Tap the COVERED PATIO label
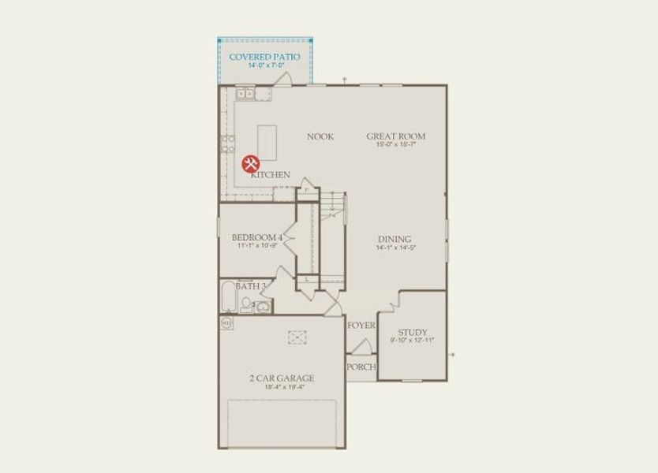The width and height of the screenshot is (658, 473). click(264, 57)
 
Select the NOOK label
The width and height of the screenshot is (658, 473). click(320, 136)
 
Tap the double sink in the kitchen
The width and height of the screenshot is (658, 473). click(244, 95)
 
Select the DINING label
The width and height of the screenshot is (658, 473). click(394, 240)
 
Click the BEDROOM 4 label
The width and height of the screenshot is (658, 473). click(256, 237)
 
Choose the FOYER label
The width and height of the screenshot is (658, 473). click(361, 325)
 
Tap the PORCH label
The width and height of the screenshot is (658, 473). click(361, 367)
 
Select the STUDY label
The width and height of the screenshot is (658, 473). click(412, 333)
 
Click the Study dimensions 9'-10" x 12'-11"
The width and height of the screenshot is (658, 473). click(412, 341)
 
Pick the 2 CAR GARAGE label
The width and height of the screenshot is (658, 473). click(282, 378)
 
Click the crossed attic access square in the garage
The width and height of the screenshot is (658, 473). click(297, 337)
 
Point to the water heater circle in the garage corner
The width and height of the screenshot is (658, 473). click(226, 322)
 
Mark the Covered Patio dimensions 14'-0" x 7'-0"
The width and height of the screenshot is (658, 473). click(264, 65)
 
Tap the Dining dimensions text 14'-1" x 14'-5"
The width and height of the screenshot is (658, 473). click(394, 248)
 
